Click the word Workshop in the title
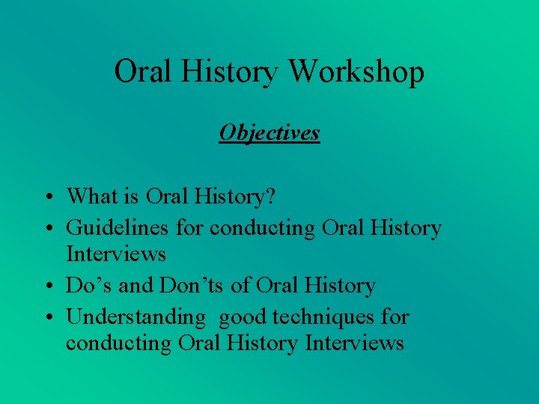(x=356, y=73)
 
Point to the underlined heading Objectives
(x=269, y=132)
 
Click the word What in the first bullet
(x=92, y=196)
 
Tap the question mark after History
(x=270, y=196)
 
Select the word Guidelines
(x=118, y=227)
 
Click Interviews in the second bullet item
(x=116, y=254)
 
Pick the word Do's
(x=88, y=285)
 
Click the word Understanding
(x=135, y=316)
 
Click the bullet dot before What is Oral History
(x=46, y=198)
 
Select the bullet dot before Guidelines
(x=46, y=228)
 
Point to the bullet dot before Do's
(x=46, y=287)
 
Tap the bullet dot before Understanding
(x=46, y=318)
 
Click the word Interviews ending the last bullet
(x=354, y=343)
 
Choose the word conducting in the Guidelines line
(x=263, y=227)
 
